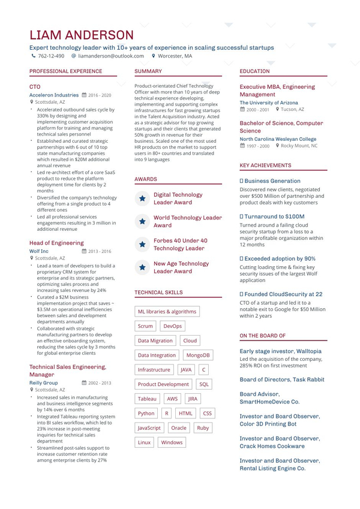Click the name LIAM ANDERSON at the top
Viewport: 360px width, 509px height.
[82, 35]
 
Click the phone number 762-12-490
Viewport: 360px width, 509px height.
[51, 56]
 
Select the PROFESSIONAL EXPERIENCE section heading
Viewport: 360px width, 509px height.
[65, 71]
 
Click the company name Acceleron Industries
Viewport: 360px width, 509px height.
[54, 95]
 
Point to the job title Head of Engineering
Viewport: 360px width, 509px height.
[56, 243]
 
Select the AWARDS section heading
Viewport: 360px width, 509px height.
[146, 179]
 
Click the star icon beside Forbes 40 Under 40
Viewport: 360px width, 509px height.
[142, 245]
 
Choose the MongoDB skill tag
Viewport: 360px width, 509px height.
[199, 355]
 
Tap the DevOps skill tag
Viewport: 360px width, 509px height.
[172, 326]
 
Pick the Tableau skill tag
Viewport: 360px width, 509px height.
[147, 399]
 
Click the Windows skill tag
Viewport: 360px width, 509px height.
[172, 442]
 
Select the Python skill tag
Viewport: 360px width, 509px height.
[146, 413]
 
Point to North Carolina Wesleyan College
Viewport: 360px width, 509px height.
[278, 138]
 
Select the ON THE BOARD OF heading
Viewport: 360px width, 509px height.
[262, 336]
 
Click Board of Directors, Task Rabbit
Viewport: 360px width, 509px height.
[281, 380]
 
